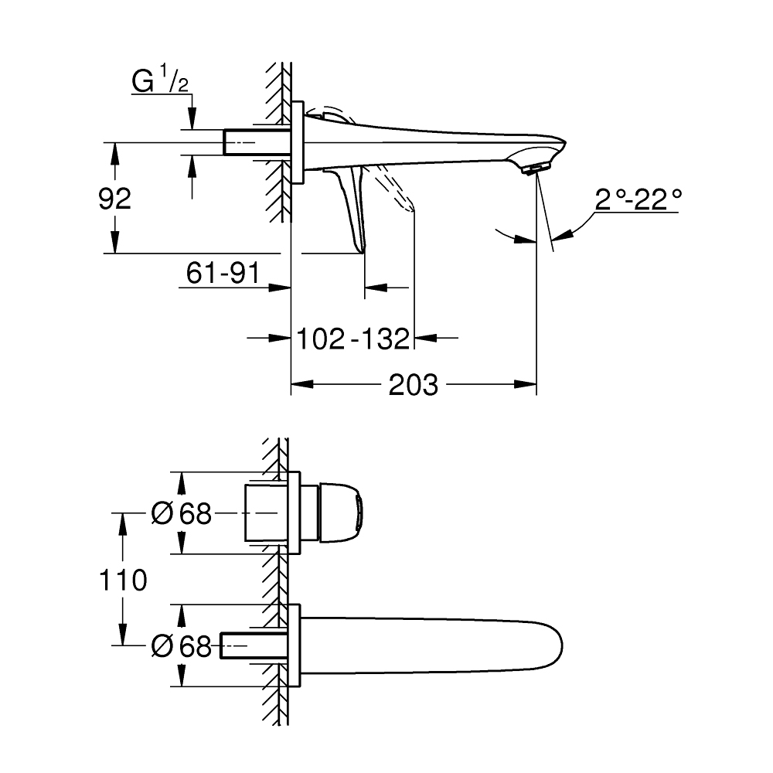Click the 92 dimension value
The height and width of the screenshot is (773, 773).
[x=114, y=199]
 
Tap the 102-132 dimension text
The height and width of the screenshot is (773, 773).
[x=352, y=338]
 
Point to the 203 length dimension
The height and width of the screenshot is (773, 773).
[x=413, y=384]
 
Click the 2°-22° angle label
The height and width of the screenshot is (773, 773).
[x=638, y=201]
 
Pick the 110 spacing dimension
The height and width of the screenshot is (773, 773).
[x=122, y=579]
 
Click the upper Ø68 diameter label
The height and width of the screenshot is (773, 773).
[x=182, y=513]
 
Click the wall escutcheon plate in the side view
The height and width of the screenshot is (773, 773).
[x=298, y=141]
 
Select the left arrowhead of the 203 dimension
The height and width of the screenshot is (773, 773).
[x=298, y=384]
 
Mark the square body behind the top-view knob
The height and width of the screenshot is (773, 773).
[x=263, y=513]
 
